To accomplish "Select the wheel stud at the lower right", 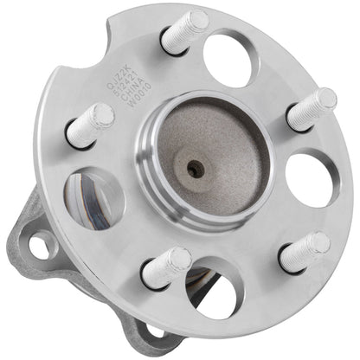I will [305, 252].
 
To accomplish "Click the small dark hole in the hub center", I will [196, 168].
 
